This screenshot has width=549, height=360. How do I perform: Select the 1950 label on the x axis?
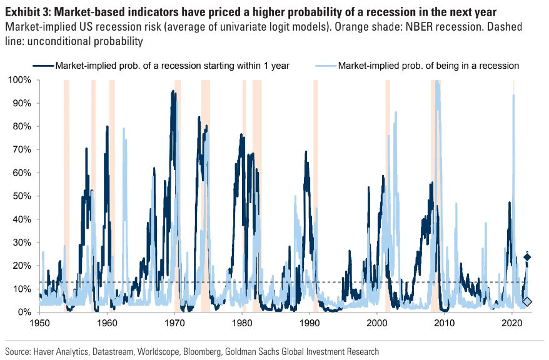[x=39, y=324]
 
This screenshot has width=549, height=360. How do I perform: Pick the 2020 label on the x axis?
[x=512, y=324]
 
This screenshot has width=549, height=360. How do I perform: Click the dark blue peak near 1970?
[x=173, y=91]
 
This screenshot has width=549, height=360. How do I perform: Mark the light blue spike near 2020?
[x=513, y=95]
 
